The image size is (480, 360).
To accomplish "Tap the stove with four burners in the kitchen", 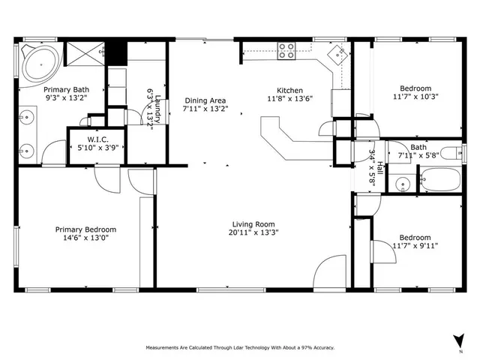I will [286, 50].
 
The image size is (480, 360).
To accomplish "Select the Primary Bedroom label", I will [85, 229].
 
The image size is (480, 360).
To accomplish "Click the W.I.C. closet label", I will [99, 139].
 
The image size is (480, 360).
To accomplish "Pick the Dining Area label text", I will [205, 100].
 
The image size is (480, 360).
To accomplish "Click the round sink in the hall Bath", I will [401, 182].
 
